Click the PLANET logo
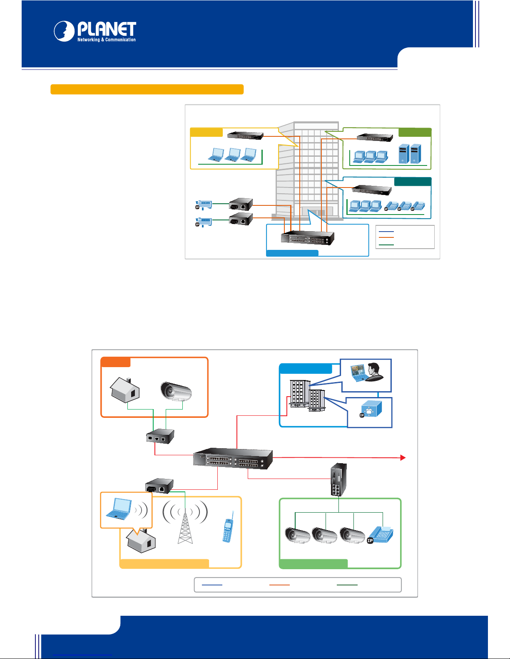[x=95, y=31]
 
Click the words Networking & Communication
[x=107, y=40]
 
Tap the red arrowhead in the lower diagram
[x=403, y=458]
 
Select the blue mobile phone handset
[x=228, y=527]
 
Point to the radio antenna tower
[x=185, y=523]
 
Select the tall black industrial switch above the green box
[x=338, y=479]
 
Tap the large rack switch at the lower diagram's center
[x=233, y=458]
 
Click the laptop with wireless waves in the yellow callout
[x=126, y=509]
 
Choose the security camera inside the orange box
[x=176, y=391]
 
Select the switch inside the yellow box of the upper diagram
[x=245, y=135]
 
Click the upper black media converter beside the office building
[x=241, y=204]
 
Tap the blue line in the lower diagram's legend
[x=212, y=585]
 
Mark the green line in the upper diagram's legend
[x=386, y=245]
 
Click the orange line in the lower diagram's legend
[x=279, y=585]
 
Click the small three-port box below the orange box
[x=160, y=437]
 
